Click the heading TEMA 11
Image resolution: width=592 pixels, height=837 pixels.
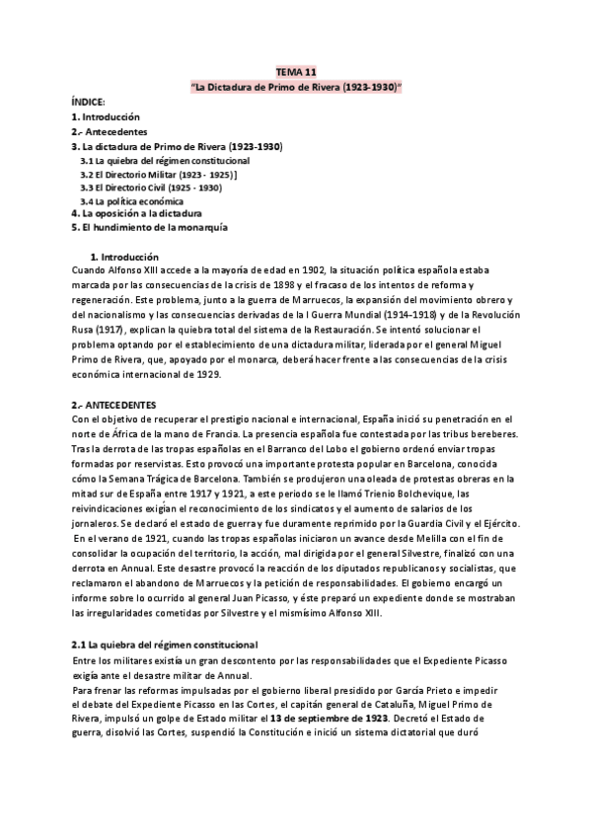click(x=296, y=72)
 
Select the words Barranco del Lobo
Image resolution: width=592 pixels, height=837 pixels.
click(x=308, y=418)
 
